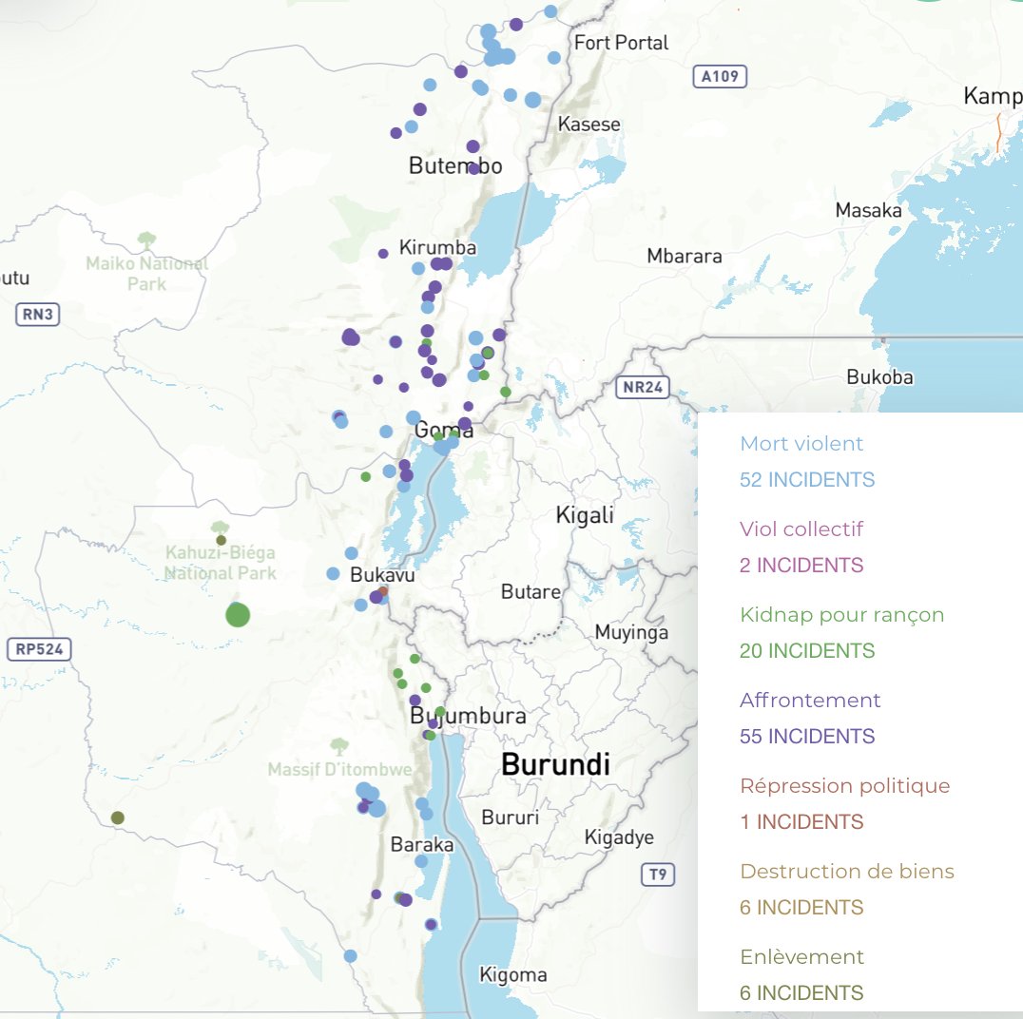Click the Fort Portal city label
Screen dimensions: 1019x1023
click(621, 43)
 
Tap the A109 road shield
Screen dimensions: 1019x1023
click(720, 77)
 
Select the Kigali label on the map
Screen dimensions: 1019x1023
click(585, 515)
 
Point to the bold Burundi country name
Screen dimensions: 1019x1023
click(555, 764)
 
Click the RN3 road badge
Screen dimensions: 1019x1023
click(38, 315)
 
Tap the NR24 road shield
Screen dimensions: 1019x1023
click(643, 387)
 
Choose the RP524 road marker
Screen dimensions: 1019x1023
click(38, 650)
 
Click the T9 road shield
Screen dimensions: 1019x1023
click(657, 874)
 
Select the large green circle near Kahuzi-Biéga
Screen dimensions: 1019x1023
click(237, 614)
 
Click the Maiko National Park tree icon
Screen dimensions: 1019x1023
click(146, 240)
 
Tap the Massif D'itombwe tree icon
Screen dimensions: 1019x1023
click(338, 746)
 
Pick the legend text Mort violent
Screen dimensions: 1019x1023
click(801, 443)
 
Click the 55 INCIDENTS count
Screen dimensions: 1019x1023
click(806, 737)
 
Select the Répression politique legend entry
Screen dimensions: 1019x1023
click(844, 786)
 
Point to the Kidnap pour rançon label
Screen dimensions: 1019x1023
click(841, 615)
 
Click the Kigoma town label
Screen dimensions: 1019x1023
click(513, 975)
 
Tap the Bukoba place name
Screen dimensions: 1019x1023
click(879, 377)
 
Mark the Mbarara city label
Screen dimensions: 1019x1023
click(685, 256)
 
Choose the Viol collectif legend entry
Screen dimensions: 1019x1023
click(801, 529)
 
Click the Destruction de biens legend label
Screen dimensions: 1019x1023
click(846, 872)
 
